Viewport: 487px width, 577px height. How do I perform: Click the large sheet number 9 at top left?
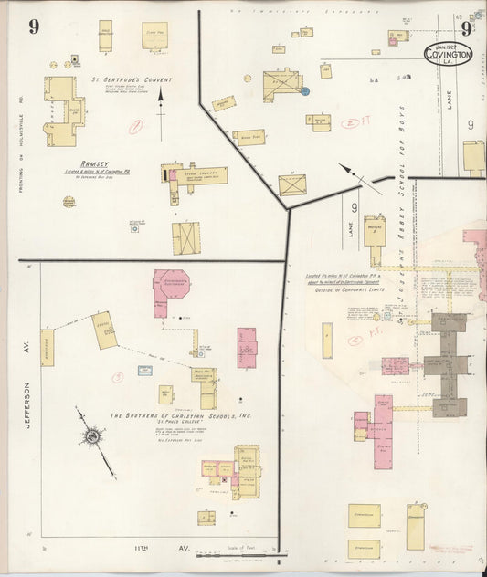coord(33,26)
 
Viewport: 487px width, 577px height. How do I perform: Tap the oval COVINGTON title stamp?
coord(449,54)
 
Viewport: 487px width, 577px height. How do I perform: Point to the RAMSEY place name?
coord(94,164)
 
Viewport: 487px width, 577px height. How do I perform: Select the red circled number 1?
coord(135,128)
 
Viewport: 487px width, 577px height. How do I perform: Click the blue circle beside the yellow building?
coord(305,91)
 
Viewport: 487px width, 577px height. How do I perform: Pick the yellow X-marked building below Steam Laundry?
coord(185,237)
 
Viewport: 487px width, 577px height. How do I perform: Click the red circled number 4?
coord(355,342)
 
